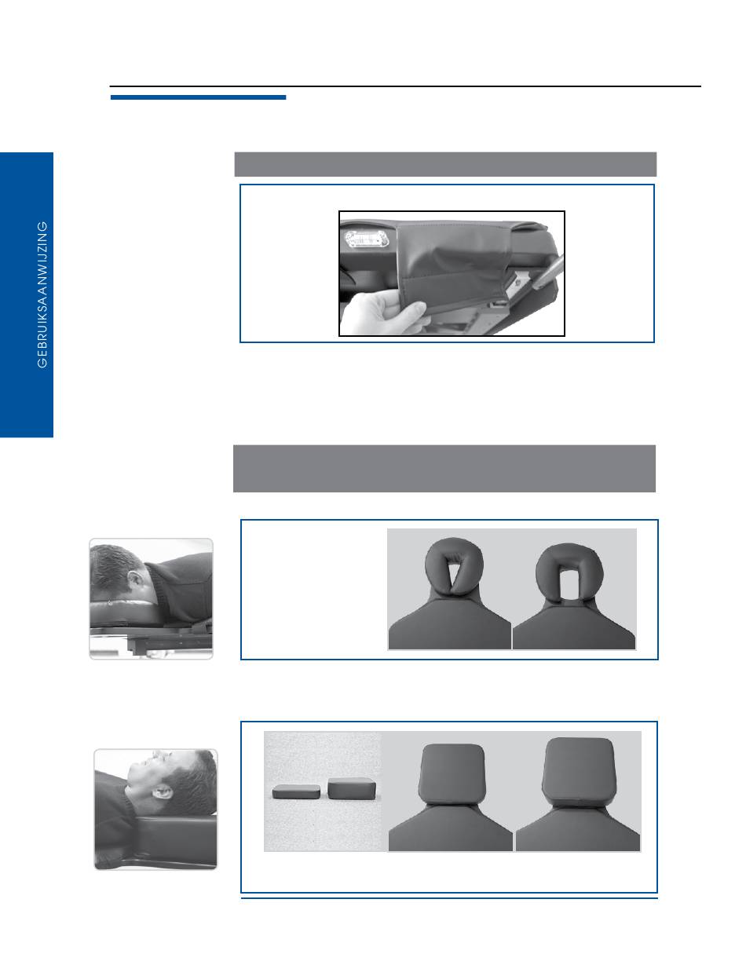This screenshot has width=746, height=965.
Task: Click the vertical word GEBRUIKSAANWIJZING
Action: [42, 295]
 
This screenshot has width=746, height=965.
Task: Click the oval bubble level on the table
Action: [367, 239]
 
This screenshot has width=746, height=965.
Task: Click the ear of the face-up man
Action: [161, 791]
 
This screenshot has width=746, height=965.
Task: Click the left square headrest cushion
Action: [452, 773]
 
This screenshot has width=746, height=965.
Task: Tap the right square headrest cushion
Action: [578, 770]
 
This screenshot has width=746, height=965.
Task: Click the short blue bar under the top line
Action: [198, 97]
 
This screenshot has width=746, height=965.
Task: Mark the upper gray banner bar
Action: [445, 164]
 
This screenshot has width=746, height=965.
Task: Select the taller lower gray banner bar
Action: [444, 469]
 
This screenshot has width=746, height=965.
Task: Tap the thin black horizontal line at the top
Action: [405, 86]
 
